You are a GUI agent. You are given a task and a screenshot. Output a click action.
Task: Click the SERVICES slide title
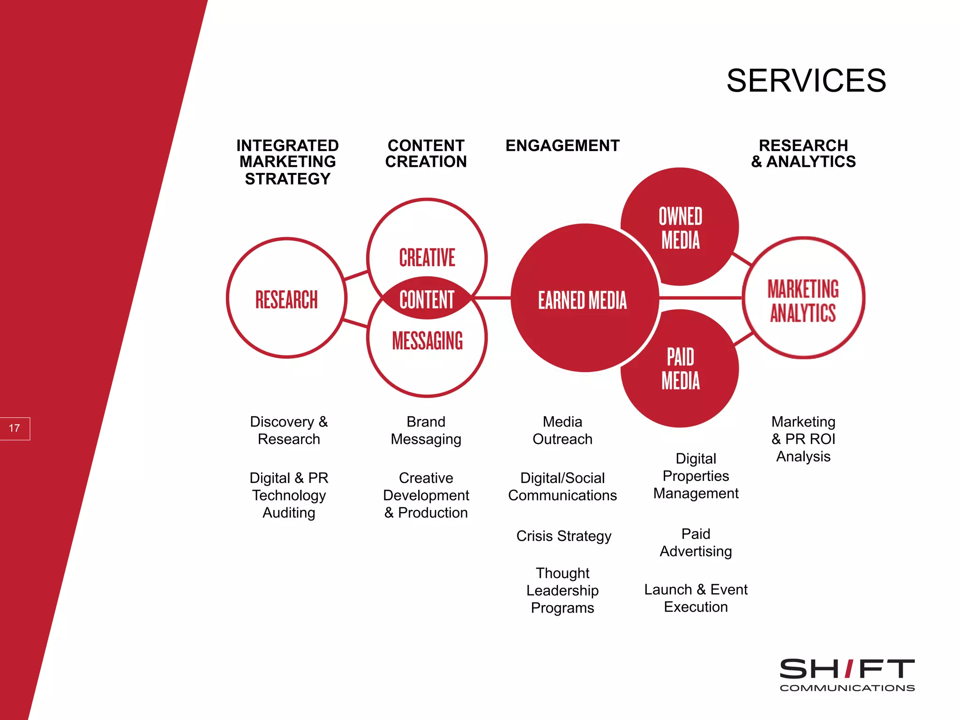coord(806,81)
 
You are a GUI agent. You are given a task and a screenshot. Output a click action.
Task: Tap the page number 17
coord(15,428)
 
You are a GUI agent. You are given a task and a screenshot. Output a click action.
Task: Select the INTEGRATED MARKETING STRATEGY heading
coord(287,162)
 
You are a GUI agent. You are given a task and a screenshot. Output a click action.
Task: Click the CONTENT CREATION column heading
coord(426,153)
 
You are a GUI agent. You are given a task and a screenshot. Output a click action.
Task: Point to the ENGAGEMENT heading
coord(562,146)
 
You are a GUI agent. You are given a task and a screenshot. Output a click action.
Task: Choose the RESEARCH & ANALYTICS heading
coord(803,153)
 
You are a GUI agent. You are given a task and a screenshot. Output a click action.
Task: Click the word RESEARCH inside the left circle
coord(286,300)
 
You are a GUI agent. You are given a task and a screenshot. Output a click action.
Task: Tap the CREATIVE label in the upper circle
coord(427,257)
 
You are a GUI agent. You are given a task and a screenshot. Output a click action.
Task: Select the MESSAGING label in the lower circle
coord(427,340)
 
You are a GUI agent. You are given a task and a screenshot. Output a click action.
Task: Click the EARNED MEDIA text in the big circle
coord(582,300)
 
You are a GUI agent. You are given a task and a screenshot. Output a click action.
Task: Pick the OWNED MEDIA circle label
coord(680,228)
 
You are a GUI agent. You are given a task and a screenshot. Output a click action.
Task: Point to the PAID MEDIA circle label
coord(680,369)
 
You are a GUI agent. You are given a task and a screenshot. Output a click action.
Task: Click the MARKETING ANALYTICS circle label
coord(803,300)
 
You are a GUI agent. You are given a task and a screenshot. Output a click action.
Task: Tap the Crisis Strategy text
coord(563,536)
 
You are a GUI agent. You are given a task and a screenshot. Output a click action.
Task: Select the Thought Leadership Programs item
coord(562,590)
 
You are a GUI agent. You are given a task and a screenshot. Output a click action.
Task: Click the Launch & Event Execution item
coord(696,598)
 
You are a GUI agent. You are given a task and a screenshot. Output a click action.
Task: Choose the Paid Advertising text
coord(696,542)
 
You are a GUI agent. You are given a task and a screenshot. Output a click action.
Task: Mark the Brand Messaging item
coord(426,430)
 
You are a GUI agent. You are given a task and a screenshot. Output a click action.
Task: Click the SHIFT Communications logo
coord(847,674)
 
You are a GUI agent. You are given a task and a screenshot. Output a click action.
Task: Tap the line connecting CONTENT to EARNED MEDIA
coord(492,298)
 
